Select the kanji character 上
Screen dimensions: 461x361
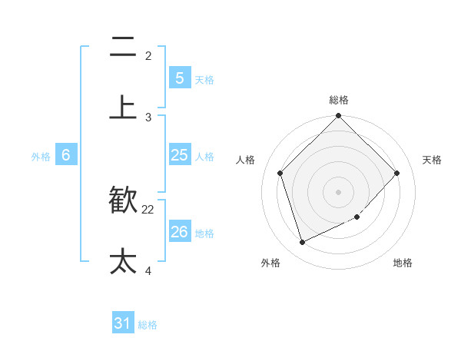tap(123, 108)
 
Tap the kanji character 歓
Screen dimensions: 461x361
tap(123, 200)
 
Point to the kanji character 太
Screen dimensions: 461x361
tap(123, 261)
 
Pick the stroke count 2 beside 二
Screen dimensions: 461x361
tap(148, 56)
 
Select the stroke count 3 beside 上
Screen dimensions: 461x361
tap(148, 118)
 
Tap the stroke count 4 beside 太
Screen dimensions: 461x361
tap(148, 271)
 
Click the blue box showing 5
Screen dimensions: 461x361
tap(179, 78)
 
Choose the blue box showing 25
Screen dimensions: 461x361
tap(179, 155)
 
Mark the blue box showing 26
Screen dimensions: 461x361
tap(179, 231)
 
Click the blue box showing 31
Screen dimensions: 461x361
tap(123, 323)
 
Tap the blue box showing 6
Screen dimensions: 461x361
tap(66, 155)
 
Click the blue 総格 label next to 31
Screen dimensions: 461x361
tap(148, 325)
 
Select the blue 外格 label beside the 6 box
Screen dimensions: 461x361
tap(41, 157)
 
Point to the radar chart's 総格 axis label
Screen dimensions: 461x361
tap(339, 100)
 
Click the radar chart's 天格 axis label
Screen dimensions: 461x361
tap(433, 160)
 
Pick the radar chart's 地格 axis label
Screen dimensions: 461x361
tap(403, 263)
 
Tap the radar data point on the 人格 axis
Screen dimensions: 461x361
tap(280, 173)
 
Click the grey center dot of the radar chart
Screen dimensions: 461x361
tap(339, 191)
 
